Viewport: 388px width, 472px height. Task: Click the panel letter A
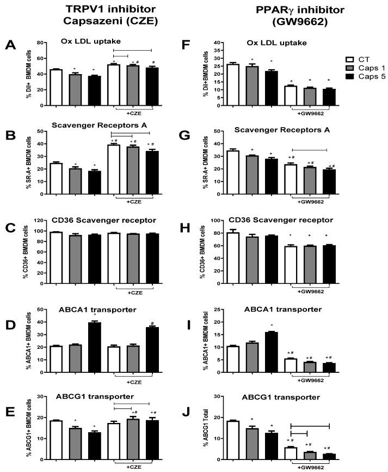pos(10,46)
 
